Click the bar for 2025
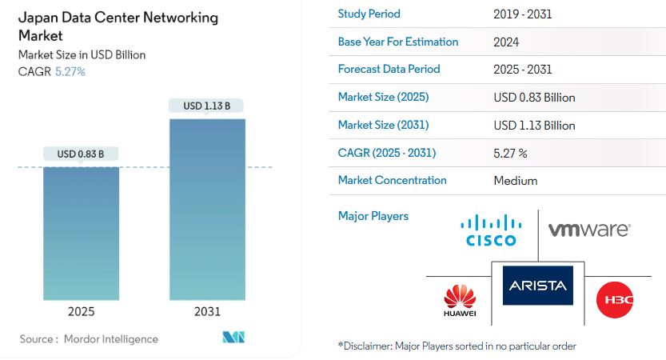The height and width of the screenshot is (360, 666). tap(81, 233)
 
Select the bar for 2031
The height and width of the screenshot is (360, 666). tap(207, 209)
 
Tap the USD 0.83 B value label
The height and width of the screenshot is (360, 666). tap(81, 154)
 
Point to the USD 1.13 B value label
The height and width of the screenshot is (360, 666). tap(207, 106)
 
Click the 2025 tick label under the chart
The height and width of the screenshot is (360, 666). tap(81, 311)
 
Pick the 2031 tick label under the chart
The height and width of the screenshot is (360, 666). tap(207, 311)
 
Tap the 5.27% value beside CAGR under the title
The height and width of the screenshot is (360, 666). tap(70, 71)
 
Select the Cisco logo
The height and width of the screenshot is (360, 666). tap(489, 230)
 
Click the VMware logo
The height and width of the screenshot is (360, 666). tap(588, 230)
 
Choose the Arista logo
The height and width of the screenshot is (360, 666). tap(537, 286)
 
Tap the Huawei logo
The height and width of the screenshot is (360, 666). tap(460, 301)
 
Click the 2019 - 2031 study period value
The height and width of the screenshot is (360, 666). tap(523, 14)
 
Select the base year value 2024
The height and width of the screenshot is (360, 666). tap(507, 42)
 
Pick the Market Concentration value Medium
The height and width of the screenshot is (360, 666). tap(516, 181)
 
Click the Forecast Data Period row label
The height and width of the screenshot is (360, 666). tap(389, 69)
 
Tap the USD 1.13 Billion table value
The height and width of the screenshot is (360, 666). tap(535, 125)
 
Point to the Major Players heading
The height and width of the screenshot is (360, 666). tap(373, 216)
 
